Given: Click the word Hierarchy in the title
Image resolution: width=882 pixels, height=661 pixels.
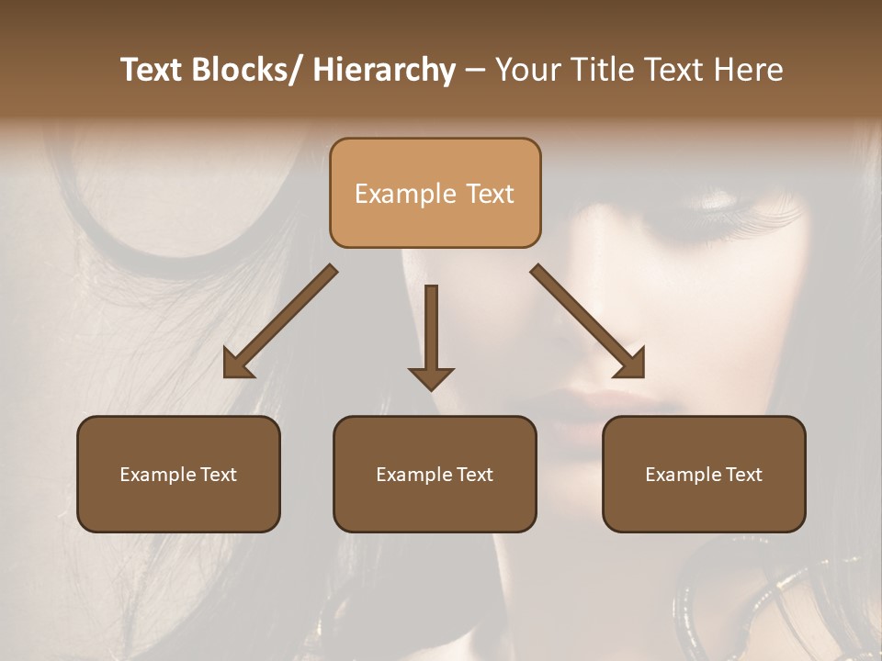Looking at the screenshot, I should (x=383, y=70).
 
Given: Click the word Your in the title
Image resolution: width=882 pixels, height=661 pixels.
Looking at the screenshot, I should (x=526, y=70).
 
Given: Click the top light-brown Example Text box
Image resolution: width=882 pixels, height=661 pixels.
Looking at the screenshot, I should (x=435, y=193).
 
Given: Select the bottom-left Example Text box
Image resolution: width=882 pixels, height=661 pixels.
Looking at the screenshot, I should (x=178, y=474).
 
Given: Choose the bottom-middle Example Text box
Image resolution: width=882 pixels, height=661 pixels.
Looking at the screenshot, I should (x=435, y=474).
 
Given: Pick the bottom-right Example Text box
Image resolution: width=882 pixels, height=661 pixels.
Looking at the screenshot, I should (x=704, y=474).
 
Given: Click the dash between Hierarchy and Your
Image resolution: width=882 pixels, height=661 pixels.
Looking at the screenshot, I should (x=475, y=71).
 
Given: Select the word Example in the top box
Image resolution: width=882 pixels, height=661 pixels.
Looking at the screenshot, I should (x=393, y=194).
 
